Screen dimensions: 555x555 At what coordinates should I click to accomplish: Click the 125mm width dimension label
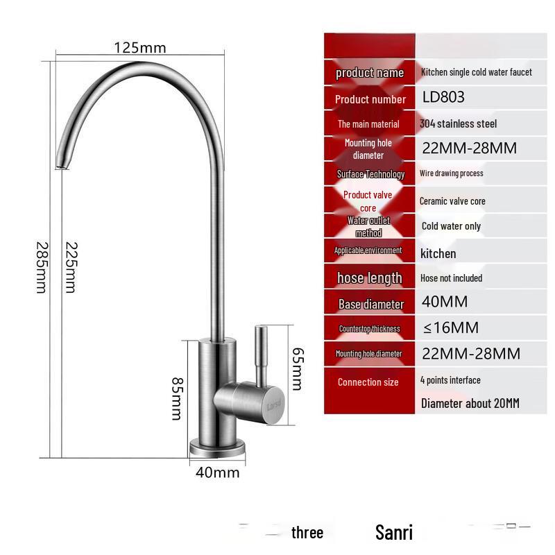click(140, 48)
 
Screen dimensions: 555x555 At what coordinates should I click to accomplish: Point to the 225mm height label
click(70, 267)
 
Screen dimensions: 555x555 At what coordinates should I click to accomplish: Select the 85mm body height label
click(177, 398)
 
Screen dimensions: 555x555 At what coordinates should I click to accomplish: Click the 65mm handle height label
click(296, 368)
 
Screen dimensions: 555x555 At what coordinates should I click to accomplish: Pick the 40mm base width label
click(217, 473)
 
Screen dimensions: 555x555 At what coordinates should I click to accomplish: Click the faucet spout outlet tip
click(62, 164)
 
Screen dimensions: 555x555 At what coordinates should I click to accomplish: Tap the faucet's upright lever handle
click(262, 354)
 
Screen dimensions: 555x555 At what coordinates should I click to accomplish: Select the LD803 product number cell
click(443, 98)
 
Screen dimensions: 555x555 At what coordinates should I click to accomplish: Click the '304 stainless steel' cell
click(458, 123)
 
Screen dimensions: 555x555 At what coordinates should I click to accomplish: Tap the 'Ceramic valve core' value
click(452, 201)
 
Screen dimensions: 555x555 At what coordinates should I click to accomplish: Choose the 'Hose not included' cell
click(451, 277)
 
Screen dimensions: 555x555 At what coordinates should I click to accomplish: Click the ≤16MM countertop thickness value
click(450, 327)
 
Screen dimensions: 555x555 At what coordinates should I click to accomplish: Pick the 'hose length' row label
click(369, 278)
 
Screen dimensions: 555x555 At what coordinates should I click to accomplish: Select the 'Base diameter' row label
click(370, 304)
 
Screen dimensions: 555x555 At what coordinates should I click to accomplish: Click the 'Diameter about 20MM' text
click(470, 403)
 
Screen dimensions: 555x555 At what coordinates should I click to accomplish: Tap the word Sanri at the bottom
click(393, 533)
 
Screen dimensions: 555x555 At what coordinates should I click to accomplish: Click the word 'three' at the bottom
click(307, 533)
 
